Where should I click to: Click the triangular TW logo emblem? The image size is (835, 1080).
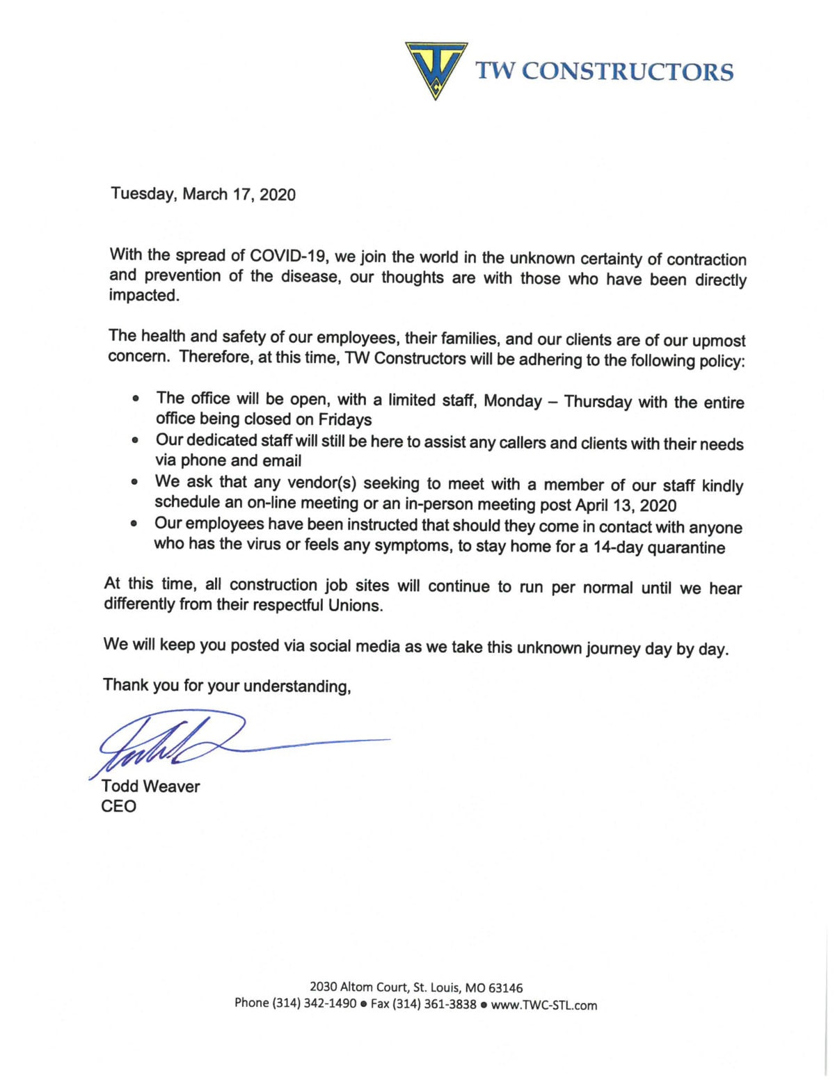(x=436, y=69)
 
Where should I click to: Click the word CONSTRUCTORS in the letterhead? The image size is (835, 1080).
(x=627, y=72)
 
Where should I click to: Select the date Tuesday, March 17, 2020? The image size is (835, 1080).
(x=203, y=194)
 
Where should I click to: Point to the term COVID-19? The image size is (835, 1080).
(x=287, y=255)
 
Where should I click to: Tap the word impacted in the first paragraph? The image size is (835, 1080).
(x=143, y=296)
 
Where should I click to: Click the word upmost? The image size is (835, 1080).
(x=719, y=341)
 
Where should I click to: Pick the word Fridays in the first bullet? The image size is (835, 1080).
(x=345, y=419)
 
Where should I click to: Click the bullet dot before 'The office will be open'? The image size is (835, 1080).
(x=136, y=399)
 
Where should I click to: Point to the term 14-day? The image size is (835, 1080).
(x=618, y=547)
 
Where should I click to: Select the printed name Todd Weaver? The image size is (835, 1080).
(x=150, y=787)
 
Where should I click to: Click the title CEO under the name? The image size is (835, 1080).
(x=119, y=807)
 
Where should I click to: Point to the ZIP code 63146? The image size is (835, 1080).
(x=506, y=988)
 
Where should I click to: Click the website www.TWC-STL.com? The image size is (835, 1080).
(x=544, y=1005)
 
